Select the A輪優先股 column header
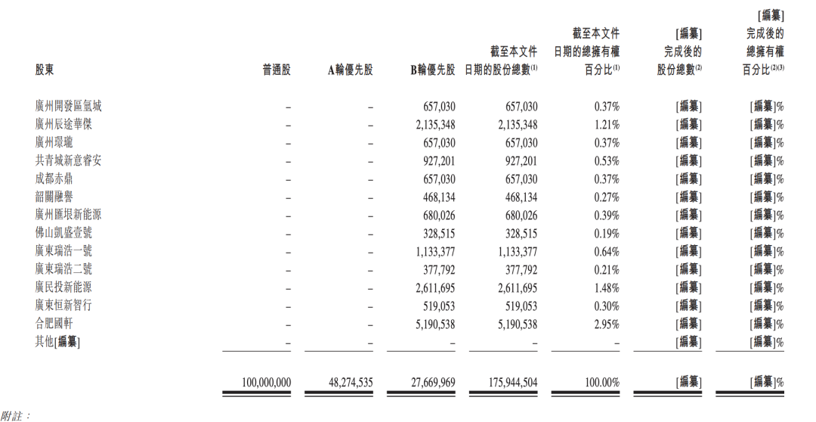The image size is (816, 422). pos(350,70)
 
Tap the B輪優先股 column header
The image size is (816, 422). pos(432,70)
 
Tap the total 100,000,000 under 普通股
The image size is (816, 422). pos(266,383)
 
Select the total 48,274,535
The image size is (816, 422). pos(351,383)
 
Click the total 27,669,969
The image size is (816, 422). pos(433,383)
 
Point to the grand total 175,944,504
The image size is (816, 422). pos(512,383)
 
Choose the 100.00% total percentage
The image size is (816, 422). pos(602,383)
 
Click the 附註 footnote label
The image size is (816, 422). pos(14,416)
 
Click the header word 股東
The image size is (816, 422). pos(45,70)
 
